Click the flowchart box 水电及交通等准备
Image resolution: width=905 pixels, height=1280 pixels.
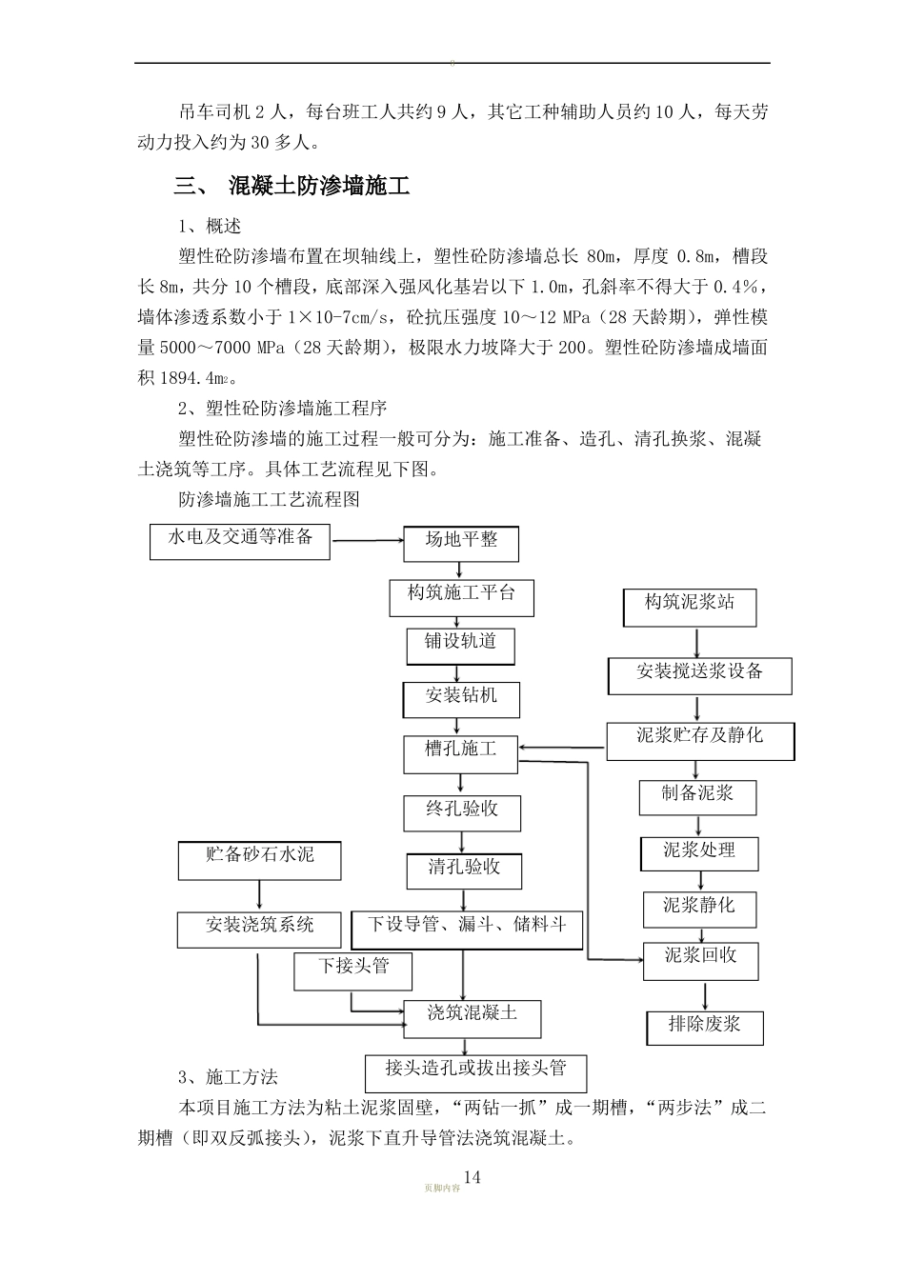240,540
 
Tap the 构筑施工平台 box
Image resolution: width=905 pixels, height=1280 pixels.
462,596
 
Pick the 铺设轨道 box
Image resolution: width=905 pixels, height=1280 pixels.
461,645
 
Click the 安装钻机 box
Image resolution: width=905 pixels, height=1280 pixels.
461,698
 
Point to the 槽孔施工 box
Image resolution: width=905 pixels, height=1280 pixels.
461,752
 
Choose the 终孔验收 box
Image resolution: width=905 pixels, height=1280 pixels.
462,812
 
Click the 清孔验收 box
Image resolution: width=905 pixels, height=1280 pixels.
464,869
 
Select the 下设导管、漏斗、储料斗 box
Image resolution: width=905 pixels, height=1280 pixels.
466,928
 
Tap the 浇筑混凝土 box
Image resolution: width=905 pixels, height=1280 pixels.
473,1016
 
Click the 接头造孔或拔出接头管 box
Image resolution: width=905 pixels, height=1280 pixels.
475,1070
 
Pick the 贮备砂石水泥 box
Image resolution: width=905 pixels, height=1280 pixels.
259,858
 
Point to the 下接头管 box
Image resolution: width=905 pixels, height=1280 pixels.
353,969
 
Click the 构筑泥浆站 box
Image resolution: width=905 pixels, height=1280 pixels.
690,606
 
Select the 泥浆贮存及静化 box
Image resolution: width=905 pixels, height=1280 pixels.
700,739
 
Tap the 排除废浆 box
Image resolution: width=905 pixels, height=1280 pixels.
705,1027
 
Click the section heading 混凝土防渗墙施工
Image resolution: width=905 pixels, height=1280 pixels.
319,187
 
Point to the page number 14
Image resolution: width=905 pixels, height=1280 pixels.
472,1177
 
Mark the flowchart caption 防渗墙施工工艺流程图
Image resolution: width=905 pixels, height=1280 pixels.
268,499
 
